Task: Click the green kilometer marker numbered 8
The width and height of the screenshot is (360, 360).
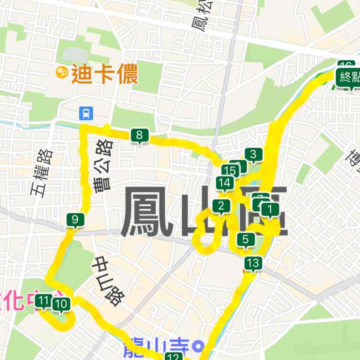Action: [x=139, y=135]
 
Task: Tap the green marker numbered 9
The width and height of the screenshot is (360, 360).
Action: [x=75, y=220]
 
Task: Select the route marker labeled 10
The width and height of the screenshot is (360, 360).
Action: [x=62, y=305]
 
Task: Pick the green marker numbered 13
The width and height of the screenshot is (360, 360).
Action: [x=253, y=263]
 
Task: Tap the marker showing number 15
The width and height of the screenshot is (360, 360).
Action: [x=230, y=171]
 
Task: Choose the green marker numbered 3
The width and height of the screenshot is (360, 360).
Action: [x=253, y=155]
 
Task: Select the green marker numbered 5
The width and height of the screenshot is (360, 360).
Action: [x=245, y=239]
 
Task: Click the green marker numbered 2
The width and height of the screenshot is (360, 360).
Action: [x=221, y=207]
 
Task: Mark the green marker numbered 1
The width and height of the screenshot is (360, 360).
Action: [x=270, y=209]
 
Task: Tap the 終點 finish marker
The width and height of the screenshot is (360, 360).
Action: [x=349, y=77]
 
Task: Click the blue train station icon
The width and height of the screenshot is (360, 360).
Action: [x=85, y=113]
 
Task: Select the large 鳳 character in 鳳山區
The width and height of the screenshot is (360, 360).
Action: [x=146, y=212]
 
